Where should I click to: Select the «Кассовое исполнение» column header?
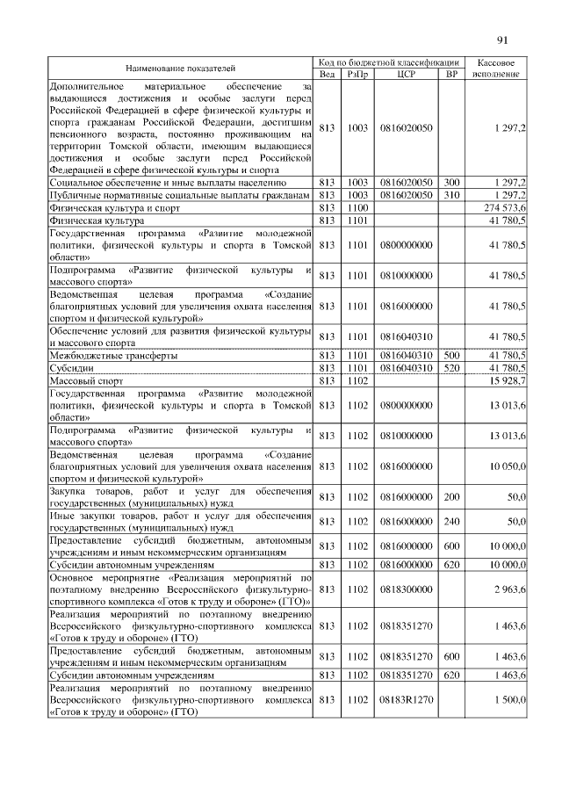click(x=497, y=69)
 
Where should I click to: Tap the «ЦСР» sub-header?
click(x=406, y=75)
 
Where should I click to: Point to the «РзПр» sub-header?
click(x=357, y=75)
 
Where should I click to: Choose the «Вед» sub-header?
click(x=327, y=75)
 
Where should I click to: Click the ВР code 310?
click(x=451, y=193)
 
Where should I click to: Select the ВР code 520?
click(x=451, y=368)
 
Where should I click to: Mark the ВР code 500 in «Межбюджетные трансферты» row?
click(x=451, y=355)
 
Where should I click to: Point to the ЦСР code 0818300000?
click(x=406, y=587)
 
